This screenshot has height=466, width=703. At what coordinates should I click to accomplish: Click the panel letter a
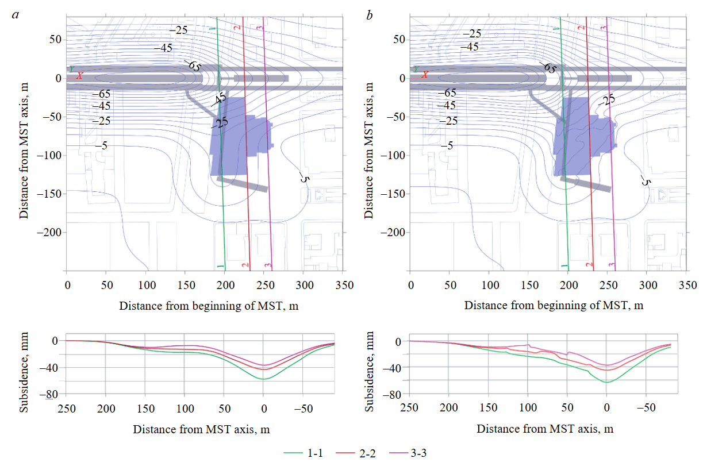[16, 15]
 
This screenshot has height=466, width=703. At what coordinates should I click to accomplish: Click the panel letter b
[369, 15]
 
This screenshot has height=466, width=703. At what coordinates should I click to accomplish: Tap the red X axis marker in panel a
[80, 75]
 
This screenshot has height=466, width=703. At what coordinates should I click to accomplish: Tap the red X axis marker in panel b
[425, 75]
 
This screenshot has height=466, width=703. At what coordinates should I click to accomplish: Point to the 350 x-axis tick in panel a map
[344, 284]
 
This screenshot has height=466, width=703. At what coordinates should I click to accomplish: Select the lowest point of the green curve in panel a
[263, 379]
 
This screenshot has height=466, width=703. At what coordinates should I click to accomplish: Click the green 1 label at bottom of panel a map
[220, 265]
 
